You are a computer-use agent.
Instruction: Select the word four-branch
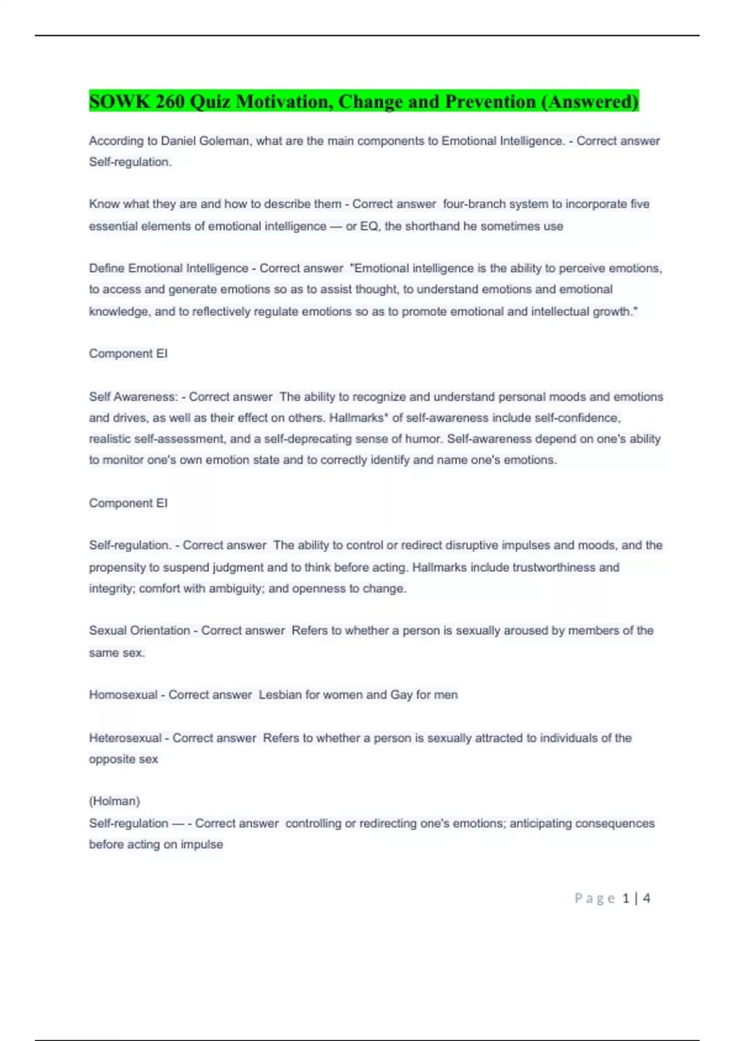click(473, 204)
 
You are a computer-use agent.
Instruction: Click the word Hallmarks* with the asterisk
click(358, 418)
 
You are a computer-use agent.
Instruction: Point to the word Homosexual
click(123, 695)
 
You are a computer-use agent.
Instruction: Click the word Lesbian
click(280, 695)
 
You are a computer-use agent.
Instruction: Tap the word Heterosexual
click(125, 738)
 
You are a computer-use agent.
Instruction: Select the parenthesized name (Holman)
click(115, 801)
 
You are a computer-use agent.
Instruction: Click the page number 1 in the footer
click(625, 898)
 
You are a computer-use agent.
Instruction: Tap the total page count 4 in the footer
click(646, 898)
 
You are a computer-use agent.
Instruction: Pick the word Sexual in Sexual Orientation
click(108, 631)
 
